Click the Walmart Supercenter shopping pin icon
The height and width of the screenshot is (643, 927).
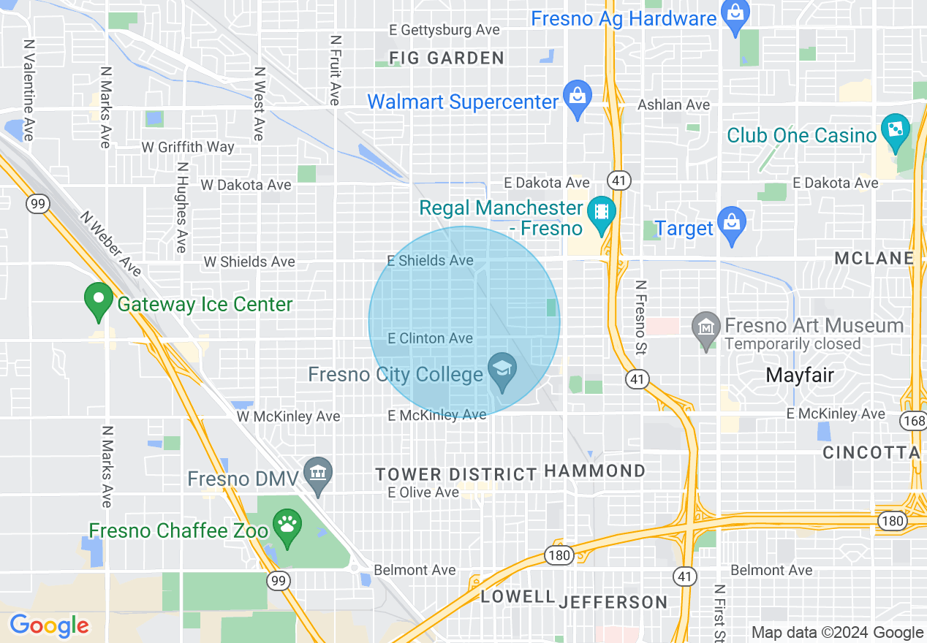[578, 98]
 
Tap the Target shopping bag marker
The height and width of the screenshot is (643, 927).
[731, 224]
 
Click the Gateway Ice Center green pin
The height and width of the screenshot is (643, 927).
[97, 300]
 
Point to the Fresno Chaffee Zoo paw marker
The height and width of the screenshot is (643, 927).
[287, 525]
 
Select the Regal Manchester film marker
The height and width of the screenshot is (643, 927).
[601, 213]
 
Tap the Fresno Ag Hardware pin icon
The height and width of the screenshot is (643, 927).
[734, 14]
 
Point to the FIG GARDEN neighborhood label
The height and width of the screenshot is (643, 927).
[446, 58]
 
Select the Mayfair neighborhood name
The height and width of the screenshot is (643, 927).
[800, 376]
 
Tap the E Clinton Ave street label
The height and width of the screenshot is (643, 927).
[430, 338]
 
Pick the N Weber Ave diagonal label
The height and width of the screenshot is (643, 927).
[110, 244]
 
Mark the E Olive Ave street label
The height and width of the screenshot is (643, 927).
[423, 492]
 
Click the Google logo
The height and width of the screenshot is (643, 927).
[49, 625]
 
